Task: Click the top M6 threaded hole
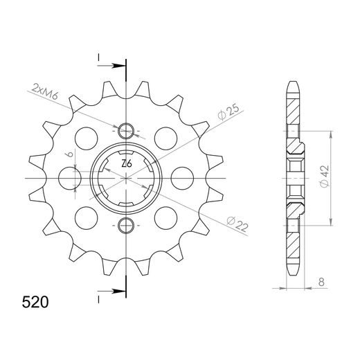point(126,131)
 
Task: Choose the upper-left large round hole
point(86,136)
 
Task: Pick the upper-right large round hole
point(167,136)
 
